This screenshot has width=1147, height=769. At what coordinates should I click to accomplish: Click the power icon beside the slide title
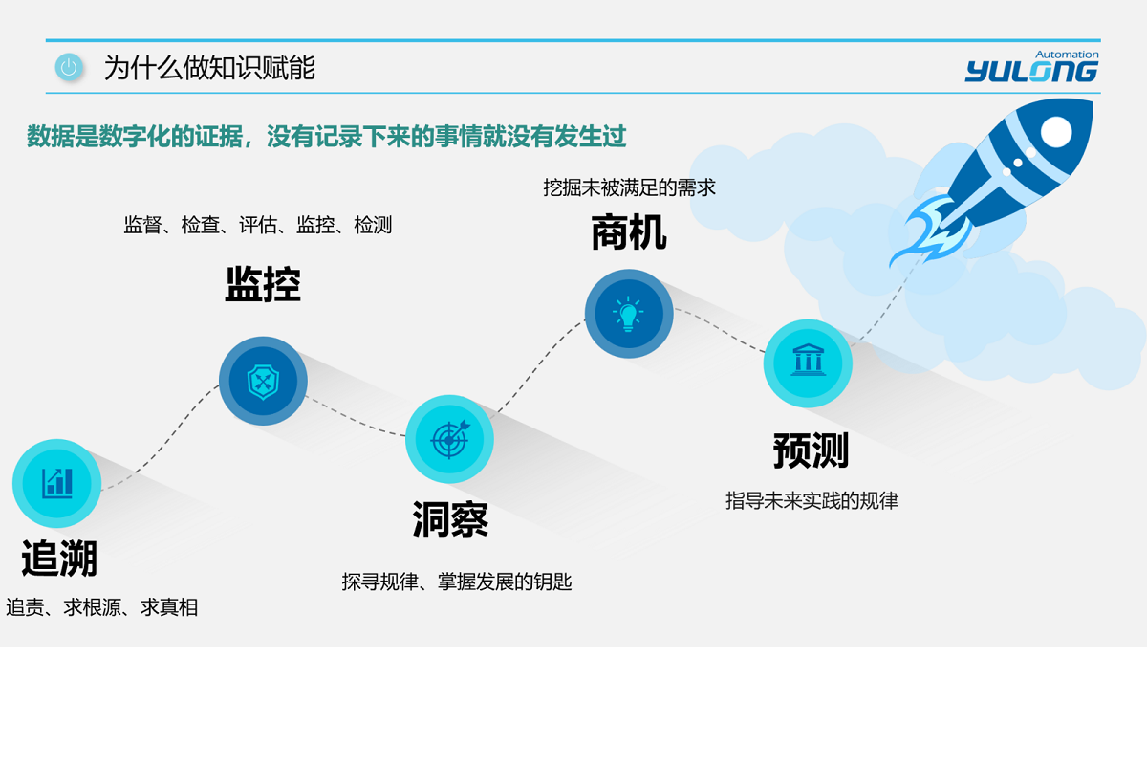[x=68, y=67]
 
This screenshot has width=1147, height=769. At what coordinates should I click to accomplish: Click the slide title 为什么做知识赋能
[x=209, y=68]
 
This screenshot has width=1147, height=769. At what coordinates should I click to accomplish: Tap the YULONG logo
[x=1030, y=71]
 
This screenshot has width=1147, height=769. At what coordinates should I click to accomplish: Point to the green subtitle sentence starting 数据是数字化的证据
[x=327, y=137]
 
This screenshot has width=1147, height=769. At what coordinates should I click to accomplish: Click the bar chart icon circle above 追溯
[x=57, y=483]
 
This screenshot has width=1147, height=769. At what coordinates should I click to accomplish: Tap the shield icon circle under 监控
[x=263, y=381]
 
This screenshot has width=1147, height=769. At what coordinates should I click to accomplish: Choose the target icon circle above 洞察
[x=449, y=439]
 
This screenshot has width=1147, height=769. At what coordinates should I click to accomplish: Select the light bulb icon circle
[x=629, y=314]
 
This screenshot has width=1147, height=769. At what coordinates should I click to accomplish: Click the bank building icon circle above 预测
[x=808, y=363]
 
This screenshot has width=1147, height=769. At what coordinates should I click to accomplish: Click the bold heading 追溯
[x=59, y=559]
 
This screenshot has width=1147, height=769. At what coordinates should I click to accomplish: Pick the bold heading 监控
[x=263, y=284]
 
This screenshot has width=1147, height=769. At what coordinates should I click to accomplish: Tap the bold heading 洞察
[x=450, y=519]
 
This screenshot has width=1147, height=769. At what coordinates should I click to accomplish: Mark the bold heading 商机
[x=629, y=232]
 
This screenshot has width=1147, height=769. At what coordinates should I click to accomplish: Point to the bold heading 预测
[x=811, y=450]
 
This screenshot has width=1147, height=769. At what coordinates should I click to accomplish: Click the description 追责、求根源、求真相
[x=102, y=607]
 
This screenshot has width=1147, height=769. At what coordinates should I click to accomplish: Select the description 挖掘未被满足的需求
[x=629, y=187]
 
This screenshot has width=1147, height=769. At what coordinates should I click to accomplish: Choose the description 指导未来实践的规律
[x=812, y=500]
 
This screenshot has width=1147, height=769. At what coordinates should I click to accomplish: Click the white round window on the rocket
[x=1055, y=132]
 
